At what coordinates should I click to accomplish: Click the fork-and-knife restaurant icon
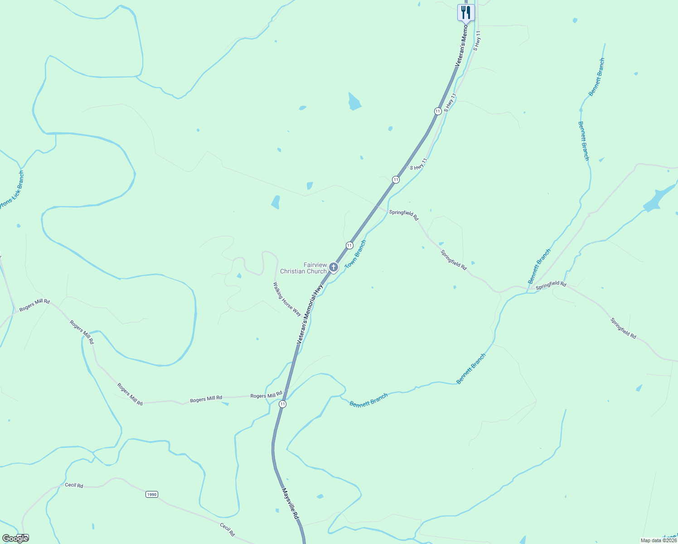(x=465, y=12)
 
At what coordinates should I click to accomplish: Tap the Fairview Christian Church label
(x=303, y=268)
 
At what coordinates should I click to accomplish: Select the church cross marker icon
(x=334, y=267)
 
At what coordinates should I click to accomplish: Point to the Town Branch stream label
(x=355, y=254)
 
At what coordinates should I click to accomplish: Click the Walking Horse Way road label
(x=287, y=299)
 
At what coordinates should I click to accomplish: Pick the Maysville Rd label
(x=290, y=503)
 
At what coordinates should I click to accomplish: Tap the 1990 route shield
(x=152, y=494)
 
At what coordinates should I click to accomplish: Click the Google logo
(x=15, y=539)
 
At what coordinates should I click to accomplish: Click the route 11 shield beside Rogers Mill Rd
(x=283, y=404)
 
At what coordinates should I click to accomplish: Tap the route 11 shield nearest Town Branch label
(x=349, y=245)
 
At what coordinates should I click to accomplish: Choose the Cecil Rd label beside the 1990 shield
(x=74, y=485)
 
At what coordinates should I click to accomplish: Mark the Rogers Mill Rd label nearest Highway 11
(x=266, y=395)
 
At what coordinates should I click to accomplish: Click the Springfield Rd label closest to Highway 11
(x=404, y=215)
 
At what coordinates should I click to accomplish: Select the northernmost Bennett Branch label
(x=597, y=77)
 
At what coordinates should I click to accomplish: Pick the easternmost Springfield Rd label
(x=623, y=328)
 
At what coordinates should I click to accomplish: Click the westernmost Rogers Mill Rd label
(x=34, y=305)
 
